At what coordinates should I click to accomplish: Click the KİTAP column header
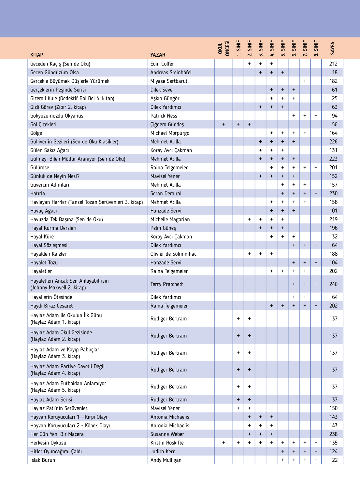(x=37, y=55)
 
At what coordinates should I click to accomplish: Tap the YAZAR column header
(x=158, y=55)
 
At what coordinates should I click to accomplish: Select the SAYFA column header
(x=333, y=48)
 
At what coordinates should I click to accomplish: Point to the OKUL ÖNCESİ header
(x=223, y=48)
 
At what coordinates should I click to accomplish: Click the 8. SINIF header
(x=316, y=48)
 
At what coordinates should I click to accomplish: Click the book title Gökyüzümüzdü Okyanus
(x=57, y=116)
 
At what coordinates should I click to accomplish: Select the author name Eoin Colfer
(x=162, y=64)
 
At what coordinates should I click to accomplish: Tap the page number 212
(x=333, y=64)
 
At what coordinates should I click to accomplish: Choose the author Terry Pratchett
(x=166, y=284)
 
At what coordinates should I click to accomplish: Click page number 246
(x=333, y=284)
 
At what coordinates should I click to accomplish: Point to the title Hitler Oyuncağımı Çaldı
(x=56, y=451)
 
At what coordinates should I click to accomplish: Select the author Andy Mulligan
(x=166, y=460)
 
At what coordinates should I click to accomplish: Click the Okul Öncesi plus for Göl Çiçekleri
(x=223, y=124)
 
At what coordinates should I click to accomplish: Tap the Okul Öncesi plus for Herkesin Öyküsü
(x=223, y=443)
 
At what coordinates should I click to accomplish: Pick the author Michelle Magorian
(x=170, y=219)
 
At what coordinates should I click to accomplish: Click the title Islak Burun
(x=43, y=460)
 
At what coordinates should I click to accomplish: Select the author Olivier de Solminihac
(x=173, y=254)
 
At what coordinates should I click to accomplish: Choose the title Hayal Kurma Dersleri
(x=53, y=228)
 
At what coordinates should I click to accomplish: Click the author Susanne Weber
(x=167, y=434)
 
